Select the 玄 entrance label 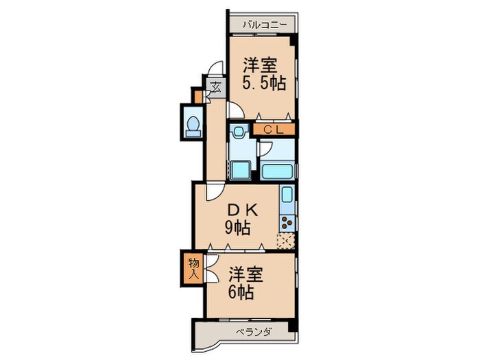[x=215, y=87]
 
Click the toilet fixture [x=193, y=125]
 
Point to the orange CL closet [x=274, y=128]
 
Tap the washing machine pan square [x=240, y=169]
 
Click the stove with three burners [x=287, y=222]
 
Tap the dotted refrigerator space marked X [x=286, y=240]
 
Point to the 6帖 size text [x=243, y=293]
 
